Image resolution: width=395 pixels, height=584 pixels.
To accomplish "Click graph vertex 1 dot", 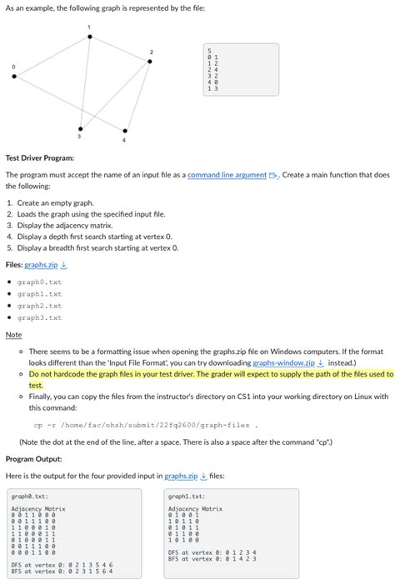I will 89,37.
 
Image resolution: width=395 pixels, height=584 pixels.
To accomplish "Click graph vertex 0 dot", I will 14,75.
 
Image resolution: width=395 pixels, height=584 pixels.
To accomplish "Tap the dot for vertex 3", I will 80,128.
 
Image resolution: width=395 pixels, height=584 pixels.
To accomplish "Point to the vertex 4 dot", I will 125,130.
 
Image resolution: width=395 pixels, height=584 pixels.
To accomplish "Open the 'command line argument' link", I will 227,176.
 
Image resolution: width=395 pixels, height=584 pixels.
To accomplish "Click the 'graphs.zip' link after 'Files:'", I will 41,265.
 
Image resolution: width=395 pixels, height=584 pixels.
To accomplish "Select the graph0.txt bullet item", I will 39,282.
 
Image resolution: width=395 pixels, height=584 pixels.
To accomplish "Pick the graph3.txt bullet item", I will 39,317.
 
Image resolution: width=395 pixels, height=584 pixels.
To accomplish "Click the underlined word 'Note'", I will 13,335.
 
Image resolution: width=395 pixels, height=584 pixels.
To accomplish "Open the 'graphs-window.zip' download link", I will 283,363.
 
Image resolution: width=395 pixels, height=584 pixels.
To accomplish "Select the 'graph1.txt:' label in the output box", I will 184,496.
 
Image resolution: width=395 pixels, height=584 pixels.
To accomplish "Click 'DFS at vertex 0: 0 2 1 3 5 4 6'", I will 62,564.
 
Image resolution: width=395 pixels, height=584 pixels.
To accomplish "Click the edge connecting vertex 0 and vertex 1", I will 52,56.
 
